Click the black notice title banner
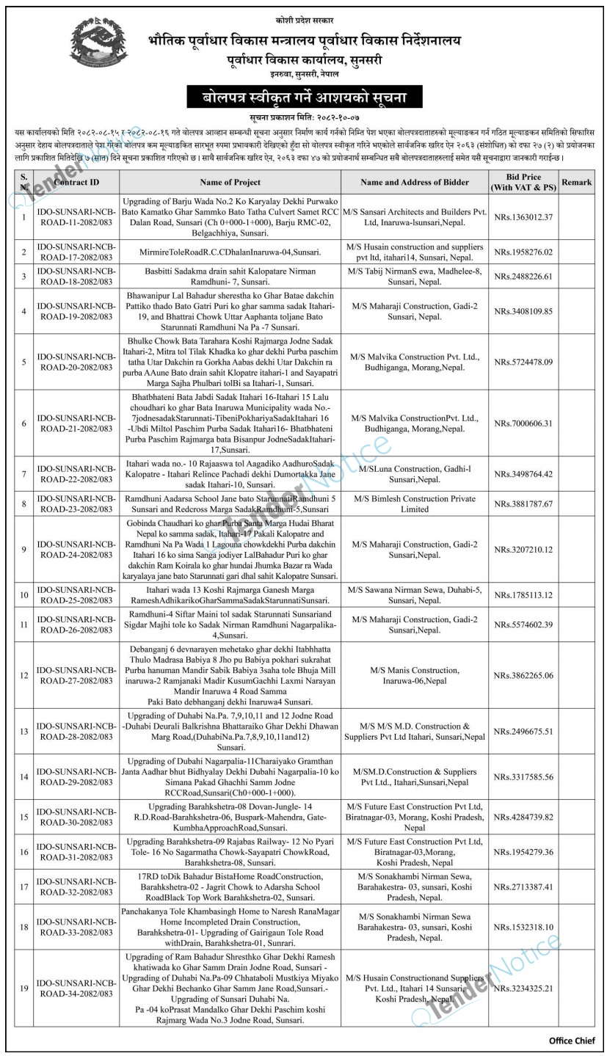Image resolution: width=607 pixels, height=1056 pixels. (x=303, y=97)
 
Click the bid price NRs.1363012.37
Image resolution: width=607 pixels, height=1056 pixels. (x=523, y=217)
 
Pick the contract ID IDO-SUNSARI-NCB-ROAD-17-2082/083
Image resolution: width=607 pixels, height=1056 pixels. (x=75, y=252)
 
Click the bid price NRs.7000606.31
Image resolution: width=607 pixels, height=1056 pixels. (x=523, y=423)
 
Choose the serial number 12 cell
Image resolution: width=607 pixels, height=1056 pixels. (x=25, y=674)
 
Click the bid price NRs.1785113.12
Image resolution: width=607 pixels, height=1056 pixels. (x=523, y=594)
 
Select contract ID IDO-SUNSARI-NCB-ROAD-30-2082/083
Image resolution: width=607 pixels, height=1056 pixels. (x=75, y=816)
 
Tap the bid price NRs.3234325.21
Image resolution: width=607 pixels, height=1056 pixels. (x=523, y=988)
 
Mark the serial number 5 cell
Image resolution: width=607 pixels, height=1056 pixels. (x=25, y=362)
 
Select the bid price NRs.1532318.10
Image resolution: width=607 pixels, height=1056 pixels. (x=523, y=927)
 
